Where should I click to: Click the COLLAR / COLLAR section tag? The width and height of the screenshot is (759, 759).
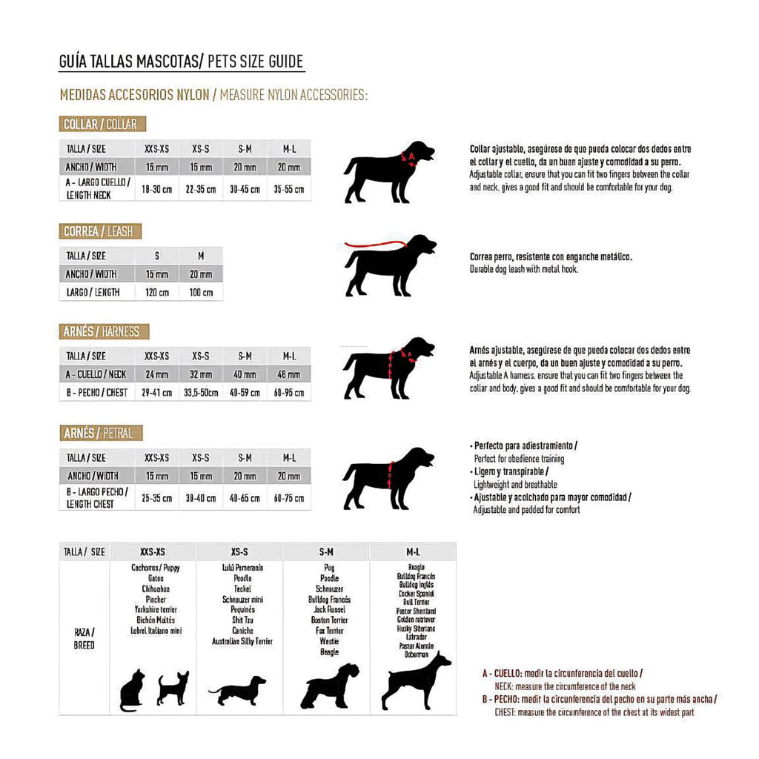tap(103, 124)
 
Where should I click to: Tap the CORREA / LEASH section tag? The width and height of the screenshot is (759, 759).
tap(100, 231)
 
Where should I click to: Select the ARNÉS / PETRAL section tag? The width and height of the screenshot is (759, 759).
tap(101, 433)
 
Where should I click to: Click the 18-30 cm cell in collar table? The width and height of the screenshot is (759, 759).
tap(156, 189)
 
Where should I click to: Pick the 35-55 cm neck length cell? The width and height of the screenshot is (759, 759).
tap(289, 189)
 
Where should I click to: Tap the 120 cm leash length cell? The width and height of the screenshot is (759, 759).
tap(156, 292)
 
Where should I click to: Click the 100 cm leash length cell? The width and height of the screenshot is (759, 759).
tap(201, 292)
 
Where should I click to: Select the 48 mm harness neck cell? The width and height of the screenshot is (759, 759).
tap(289, 374)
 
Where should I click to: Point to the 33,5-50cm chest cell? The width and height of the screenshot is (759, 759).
tap(201, 392)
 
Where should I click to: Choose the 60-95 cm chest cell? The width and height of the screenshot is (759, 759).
tap(289, 392)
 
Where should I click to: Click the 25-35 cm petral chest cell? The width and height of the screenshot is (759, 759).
tap(156, 498)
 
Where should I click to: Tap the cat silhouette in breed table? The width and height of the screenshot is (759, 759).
tap(132, 690)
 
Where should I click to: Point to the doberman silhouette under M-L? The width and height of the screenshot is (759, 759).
tap(415, 680)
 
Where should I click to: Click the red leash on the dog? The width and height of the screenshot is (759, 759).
tap(374, 244)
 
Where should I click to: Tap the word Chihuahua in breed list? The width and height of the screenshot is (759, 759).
tap(155, 589)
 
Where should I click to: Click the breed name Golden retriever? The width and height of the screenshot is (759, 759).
tap(417, 620)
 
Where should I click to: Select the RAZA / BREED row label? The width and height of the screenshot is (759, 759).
tap(84, 639)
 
